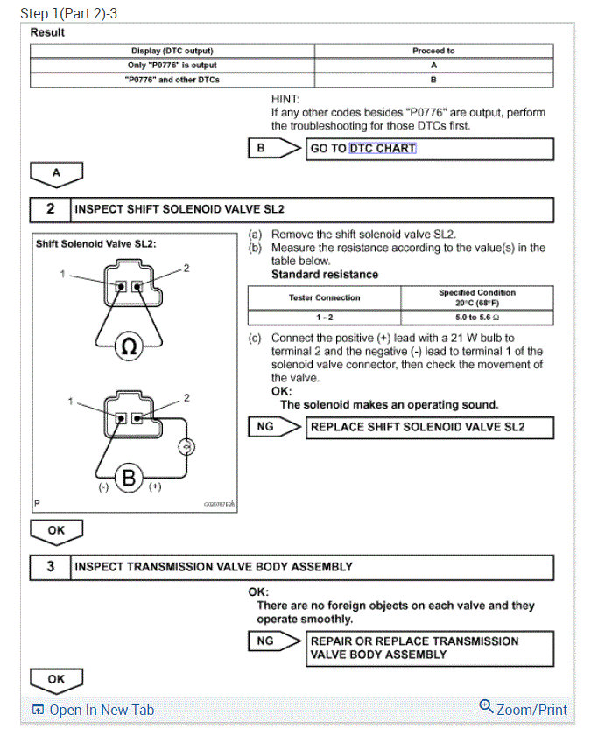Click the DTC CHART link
383,149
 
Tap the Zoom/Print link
524,710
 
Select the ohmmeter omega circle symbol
128,346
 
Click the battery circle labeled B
130,478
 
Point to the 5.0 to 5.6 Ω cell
477,317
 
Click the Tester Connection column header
324,297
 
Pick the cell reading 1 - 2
324,317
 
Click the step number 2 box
50,210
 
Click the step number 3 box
50,567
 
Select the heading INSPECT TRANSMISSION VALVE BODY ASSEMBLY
214,567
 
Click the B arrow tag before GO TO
263,149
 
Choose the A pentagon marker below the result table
56,173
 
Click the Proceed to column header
433,51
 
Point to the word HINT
285,100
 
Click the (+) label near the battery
155,486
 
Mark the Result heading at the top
47,32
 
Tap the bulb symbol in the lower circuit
185,448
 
